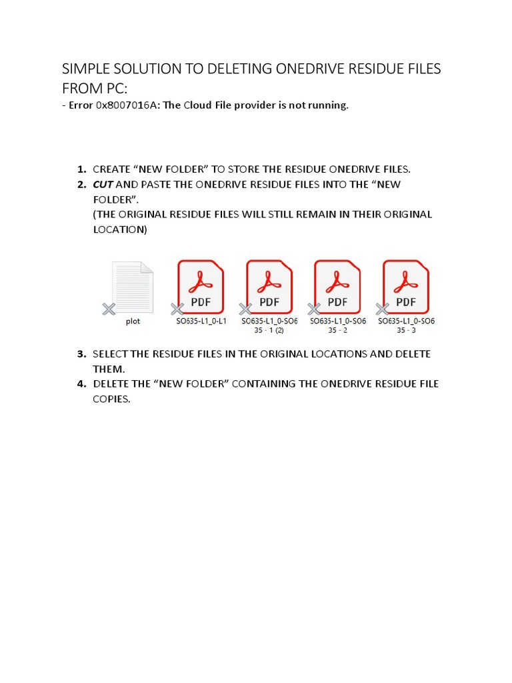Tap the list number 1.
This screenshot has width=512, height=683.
coord(82,169)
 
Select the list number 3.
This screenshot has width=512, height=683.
coord(82,354)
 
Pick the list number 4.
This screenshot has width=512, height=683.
coord(82,384)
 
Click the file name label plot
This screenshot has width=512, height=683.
coord(133,321)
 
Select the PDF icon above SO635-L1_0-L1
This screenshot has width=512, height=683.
coord(201,287)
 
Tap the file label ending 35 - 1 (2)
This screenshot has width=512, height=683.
coord(269,329)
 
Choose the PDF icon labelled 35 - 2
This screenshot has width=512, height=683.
coord(337,287)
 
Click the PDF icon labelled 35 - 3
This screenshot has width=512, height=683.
coord(406,287)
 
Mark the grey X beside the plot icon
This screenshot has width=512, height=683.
coord(109,309)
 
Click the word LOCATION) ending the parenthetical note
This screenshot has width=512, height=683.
coord(120,229)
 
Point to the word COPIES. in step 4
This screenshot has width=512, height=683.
coord(111,399)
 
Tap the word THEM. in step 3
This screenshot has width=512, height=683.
coord(108,368)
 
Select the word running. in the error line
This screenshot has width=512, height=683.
coord(327,105)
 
